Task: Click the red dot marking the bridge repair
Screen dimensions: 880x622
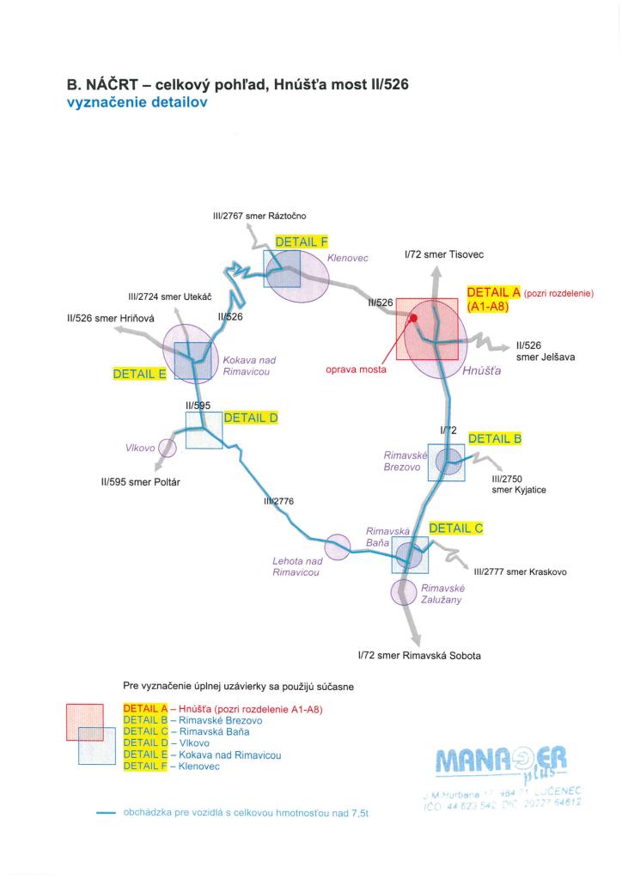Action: (x=413, y=318)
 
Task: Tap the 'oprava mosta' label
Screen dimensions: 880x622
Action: (x=356, y=370)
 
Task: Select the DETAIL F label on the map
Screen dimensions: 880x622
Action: (x=302, y=242)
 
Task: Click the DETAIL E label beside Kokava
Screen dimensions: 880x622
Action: (x=139, y=374)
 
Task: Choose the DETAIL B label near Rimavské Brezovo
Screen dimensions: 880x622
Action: (x=495, y=438)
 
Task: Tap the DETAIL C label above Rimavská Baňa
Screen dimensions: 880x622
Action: (x=455, y=529)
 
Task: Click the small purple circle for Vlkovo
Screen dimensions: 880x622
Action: (x=168, y=447)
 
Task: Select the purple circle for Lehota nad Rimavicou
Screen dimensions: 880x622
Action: (x=338, y=546)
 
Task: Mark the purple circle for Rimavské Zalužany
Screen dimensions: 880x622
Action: (x=404, y=591)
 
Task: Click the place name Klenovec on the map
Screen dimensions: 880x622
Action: (x=347, y=257)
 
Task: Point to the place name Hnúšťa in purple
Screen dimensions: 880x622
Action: (x=481, y=372)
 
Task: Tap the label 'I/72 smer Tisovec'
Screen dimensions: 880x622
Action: (x=443, y=255)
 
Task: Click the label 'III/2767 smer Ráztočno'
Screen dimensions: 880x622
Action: (x=259, y=216)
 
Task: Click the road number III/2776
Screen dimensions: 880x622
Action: (x=278, y=501)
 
